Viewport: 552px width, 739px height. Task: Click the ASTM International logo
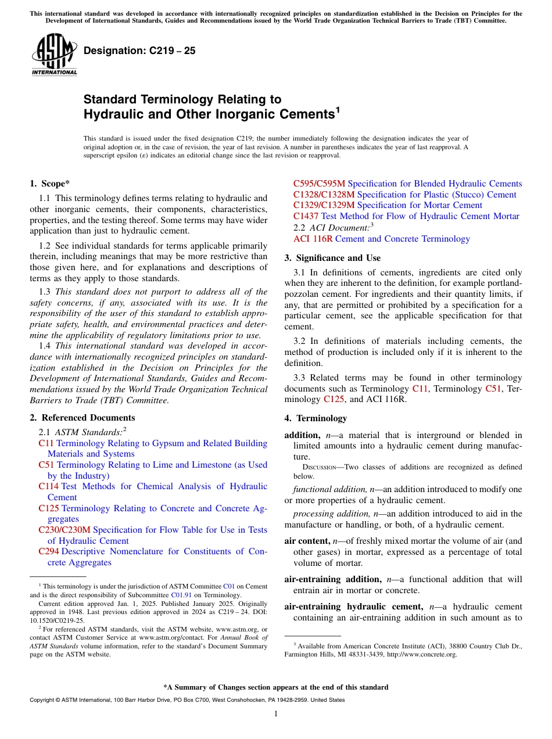[x=53, y=55]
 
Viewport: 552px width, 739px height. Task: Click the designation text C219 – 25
[x=139, y=51]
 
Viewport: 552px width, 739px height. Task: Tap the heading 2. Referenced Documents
[x=82, y=418]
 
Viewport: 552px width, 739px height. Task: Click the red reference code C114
[x=49, y=487]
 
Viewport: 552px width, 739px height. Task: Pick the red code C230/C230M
[x=64, y=530]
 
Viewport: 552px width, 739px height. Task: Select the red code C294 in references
[x=49, y=551]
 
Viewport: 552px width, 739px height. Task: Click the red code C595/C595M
[x=319, y=184]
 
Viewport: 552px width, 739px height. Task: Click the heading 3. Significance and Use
[x=332, y=258]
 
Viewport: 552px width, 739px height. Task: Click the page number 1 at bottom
[x=276, y=714]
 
